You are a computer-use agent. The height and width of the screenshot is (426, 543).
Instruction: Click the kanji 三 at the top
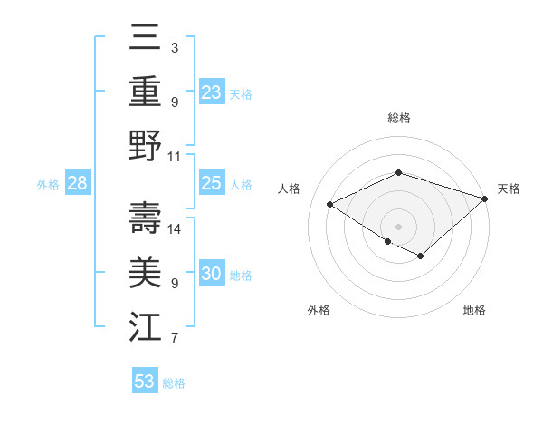coord(145,39)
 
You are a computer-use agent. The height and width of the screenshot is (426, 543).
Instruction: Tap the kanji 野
coord(145,145)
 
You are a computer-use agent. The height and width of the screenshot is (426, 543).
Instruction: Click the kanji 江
coord(145,326)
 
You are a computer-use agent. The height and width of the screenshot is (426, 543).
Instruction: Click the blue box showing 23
coord(211,92)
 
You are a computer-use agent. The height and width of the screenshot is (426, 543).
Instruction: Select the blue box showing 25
coord(211,183)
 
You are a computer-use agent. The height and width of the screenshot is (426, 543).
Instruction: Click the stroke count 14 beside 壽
coord(175,229)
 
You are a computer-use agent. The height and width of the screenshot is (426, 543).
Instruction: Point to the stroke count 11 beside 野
coord(175,155)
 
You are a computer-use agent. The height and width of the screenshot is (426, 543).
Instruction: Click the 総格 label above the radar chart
coord(399,118)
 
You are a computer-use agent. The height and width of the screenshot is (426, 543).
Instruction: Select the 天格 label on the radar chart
coord(509,189)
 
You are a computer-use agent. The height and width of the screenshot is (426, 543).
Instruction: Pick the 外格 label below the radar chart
coord(319,310)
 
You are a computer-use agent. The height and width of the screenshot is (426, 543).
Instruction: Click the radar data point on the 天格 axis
coord(486,198)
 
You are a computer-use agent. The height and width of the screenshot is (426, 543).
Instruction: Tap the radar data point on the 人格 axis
coord(330,205)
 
